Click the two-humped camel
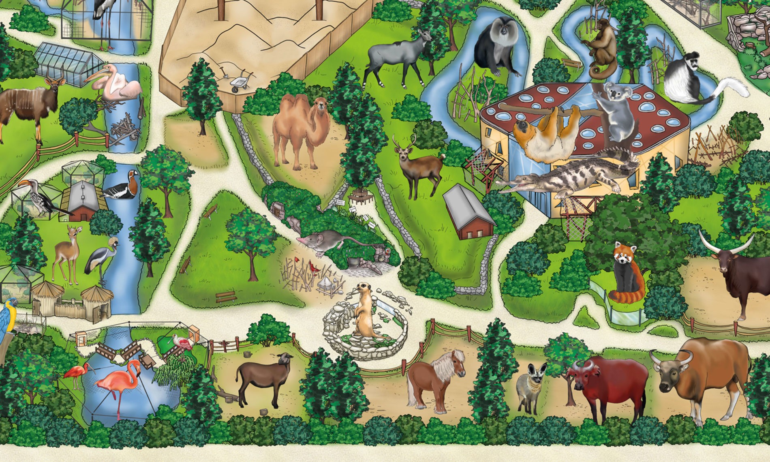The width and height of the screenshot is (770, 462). click(300, 130)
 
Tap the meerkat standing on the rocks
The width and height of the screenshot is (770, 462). click(365, 312)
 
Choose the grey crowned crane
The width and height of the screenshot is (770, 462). click(99, 259)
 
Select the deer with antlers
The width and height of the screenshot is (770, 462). click(419, 166)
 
